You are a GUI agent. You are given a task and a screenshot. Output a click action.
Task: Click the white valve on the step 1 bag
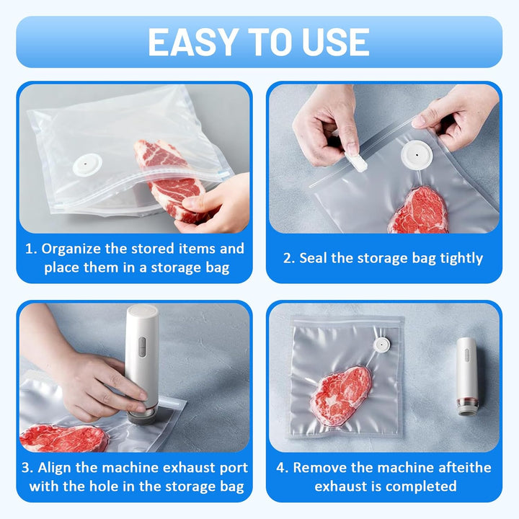click(x=87, y=164)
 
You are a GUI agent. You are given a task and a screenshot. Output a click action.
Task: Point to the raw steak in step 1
click(x=169, y=179)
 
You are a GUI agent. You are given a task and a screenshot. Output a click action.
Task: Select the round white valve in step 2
click(x=417, y=155)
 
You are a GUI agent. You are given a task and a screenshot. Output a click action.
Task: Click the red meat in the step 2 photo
click(x=418, y=210)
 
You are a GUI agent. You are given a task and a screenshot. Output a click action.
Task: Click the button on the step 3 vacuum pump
click(x=142, y=347)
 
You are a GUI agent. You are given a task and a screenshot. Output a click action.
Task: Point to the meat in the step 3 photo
click(x=63, y=438)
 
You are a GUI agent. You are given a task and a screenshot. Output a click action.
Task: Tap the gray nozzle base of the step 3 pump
click(x=142, y=417)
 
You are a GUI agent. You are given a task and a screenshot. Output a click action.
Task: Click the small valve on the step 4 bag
click(x=381, y=345)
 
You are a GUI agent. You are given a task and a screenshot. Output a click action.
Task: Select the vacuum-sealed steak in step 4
click(x=341, y=395)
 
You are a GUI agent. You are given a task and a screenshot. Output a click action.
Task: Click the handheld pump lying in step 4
click(x=468, y=376)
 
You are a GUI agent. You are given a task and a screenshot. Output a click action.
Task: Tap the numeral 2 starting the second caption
click(x=288, y=259)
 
